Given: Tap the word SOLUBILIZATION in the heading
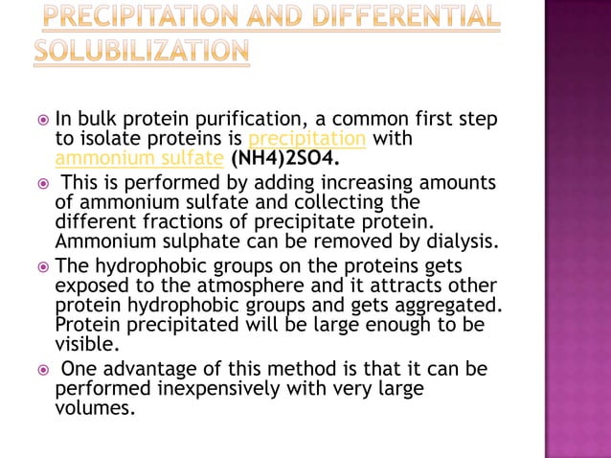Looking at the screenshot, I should click(142, 50).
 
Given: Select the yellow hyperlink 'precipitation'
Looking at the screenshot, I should click(307, 139).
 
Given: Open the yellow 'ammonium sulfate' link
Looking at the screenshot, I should click(139, 157).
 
